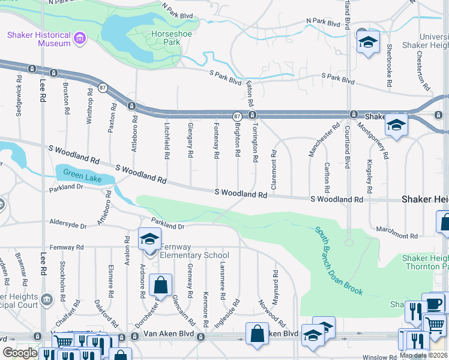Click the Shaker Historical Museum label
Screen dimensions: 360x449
[x=38, y=40]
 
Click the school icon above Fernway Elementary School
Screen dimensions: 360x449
[x=149, y=239]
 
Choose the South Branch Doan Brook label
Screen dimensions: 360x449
[x=339, y=261]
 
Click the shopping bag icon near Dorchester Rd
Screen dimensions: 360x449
[x=161, y=286]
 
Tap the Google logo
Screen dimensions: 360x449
[x=20, y=353]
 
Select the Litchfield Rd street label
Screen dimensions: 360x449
[x=166, y=141]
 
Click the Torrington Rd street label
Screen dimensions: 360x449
[x=255, y=142]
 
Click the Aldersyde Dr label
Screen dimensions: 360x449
[x=68, y=222]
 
